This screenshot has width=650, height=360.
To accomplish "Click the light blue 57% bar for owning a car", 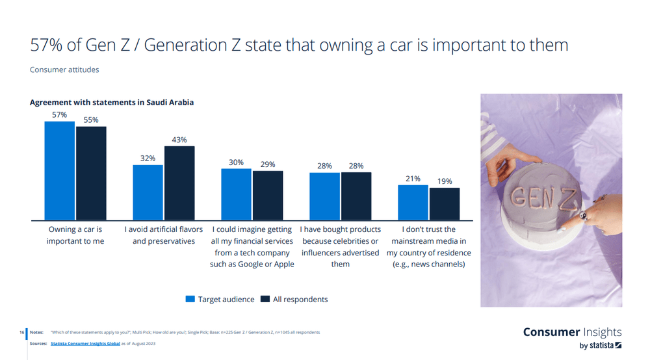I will tap(60, 171).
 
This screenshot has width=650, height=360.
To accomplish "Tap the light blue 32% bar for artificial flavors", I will tap(148, 193).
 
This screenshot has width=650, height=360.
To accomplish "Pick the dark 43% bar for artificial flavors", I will tap(179, 183).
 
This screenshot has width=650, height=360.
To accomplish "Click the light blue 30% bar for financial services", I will tap(237, 194).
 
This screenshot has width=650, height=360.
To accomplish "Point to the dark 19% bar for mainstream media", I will tap(445, 204).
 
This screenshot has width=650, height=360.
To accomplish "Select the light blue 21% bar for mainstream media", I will tap(413, 203).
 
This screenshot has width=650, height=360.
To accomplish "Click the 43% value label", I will tap(179, 140).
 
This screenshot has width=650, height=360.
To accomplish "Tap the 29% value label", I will tap(268, 165).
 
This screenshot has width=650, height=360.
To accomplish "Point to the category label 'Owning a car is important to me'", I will tap(75, 235).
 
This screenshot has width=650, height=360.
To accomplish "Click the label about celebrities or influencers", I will tap(341, 247).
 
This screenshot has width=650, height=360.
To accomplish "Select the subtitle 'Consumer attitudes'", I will tap(64, 70).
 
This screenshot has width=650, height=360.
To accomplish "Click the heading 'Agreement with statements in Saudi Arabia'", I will tap(112, 103).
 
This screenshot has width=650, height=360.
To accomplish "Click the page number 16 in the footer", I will tap(23, 332).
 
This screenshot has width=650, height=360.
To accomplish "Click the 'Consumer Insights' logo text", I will tap(572, 333).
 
